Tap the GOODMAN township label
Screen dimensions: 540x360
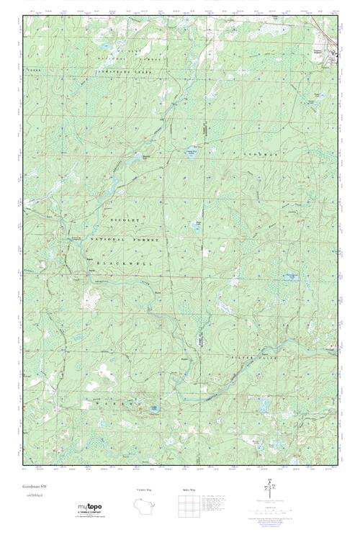tap(259, 155)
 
